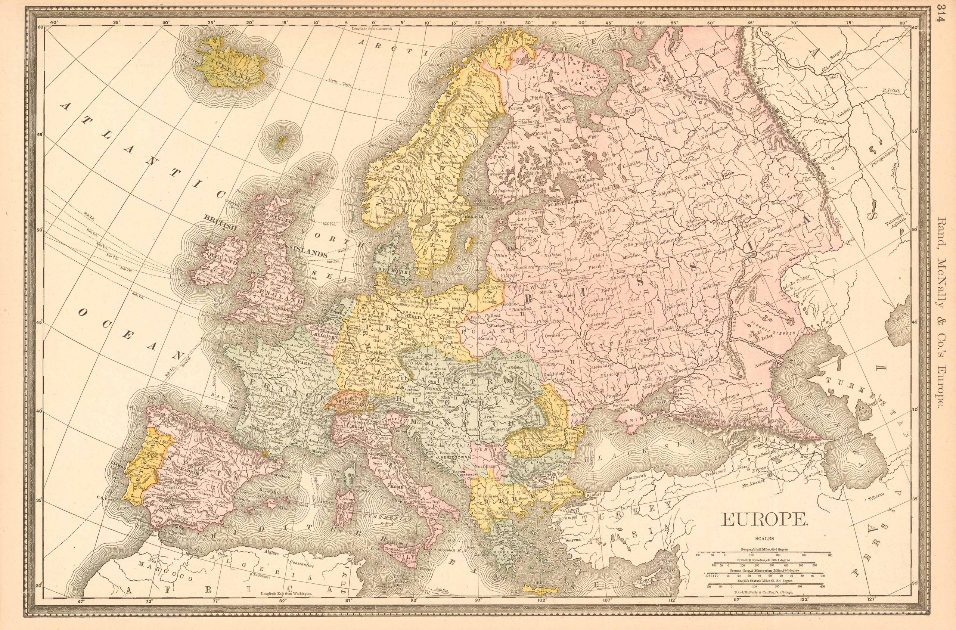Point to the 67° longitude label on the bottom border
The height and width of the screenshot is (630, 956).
click(x=82, y=612)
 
